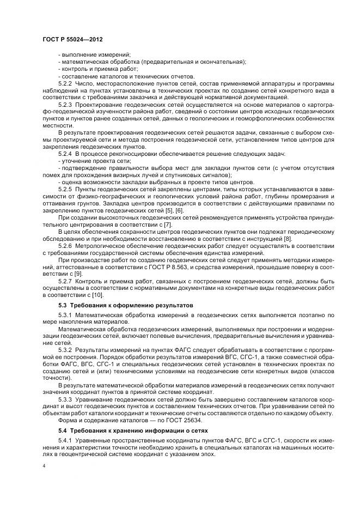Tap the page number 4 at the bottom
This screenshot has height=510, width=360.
click(x=44, y=466)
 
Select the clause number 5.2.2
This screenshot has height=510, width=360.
click(x=65, y=83)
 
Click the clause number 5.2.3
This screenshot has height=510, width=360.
click(x=65, y=104)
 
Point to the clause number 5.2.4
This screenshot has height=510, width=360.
click(x=65, y=155)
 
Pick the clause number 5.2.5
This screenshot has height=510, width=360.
click(x=65, y=189)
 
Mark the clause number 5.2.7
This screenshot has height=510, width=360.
click(x=65, y=281)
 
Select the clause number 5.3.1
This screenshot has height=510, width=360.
click(x=65, y=315)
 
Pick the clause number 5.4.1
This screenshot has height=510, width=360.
click(x=65, y=440)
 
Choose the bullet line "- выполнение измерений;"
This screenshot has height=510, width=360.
click(x=94, y=55)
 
